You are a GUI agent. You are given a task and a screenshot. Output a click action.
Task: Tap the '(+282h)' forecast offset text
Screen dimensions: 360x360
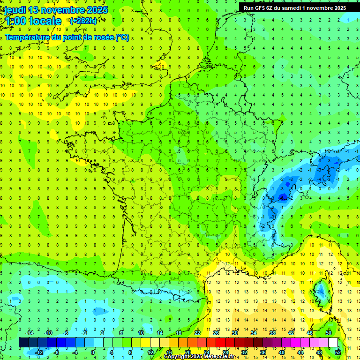(x=83, y=21)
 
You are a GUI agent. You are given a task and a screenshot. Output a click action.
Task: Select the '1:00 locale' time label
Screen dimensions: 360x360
(x=33, y=21)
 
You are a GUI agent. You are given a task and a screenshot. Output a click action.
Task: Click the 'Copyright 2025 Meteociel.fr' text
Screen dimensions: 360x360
(x=199, y=357)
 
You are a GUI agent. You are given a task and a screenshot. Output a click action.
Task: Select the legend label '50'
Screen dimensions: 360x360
(x=328, y=333)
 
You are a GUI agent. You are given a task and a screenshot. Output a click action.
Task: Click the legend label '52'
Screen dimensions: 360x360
(x=337, y=352)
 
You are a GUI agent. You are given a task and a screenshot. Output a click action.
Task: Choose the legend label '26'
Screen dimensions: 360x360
(x=216, y=333)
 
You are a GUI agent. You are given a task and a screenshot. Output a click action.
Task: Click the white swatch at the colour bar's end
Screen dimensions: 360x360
(x=333, y=343)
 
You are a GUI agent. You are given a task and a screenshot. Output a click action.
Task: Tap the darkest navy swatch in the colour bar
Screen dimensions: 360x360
(x=23, y=343)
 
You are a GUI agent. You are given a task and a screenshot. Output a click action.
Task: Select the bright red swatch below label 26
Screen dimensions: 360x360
(x=220, y=343)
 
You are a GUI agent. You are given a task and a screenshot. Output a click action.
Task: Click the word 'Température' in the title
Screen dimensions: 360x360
(x=27, y=37)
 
